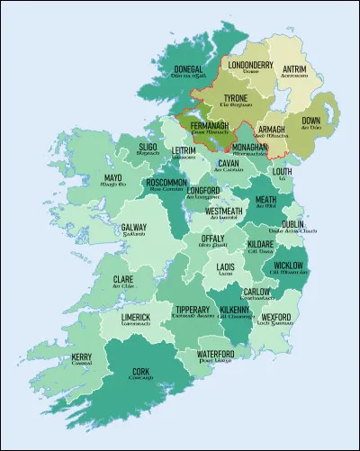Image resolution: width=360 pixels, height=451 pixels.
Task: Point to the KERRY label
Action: click(x=83, y=358)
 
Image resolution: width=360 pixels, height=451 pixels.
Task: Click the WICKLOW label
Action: click(x=288, y=266)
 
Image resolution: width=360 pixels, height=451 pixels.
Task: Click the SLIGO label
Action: click(x=149, y=147)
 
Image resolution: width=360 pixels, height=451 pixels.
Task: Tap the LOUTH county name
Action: click(x=282, y=171)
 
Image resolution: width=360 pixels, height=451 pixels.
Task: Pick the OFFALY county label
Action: click(x=213, y=239)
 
